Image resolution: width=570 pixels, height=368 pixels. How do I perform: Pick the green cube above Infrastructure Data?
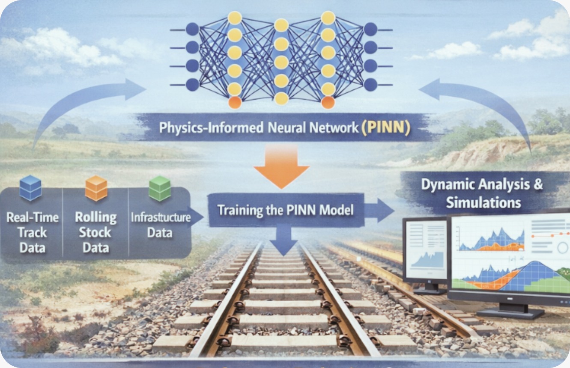point(159,188)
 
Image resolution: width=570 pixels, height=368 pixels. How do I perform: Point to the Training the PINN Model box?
point(286,210)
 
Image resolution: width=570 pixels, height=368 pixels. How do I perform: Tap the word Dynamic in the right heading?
point(448,185)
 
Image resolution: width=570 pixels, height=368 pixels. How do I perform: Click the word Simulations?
point(483,202)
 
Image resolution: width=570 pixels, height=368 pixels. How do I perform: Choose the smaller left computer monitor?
point(425,250)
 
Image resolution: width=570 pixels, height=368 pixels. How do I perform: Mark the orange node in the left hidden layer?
point(234,103)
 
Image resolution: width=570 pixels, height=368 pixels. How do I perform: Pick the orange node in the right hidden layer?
point(328,103)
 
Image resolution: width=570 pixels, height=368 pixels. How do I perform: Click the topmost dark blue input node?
point(192,29)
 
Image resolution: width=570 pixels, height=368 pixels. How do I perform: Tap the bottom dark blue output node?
point(370,84)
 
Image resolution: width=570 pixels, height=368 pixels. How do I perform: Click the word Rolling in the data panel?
point(95,217)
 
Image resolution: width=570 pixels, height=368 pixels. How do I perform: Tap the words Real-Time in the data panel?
point(33,217)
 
